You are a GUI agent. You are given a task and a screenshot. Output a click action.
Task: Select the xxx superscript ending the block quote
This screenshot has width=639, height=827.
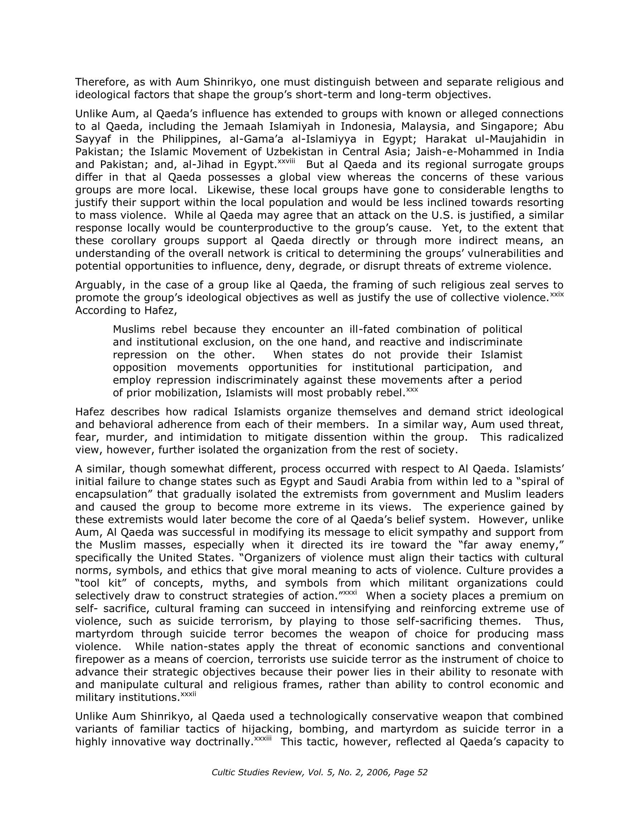[412, 390]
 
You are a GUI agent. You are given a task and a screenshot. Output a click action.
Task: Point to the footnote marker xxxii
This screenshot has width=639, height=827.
[188, 694]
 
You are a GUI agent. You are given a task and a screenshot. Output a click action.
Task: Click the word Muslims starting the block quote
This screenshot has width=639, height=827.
[133, 330]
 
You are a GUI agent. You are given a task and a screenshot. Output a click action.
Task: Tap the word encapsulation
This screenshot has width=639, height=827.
[111, 495]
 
